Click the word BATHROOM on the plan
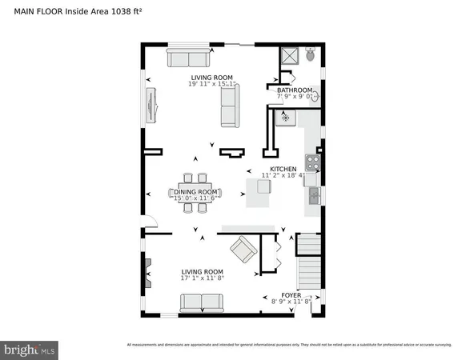coord(294,90)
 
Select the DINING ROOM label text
coord(197,192)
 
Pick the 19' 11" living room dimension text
coord(201,82)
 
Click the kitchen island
coord(258,192)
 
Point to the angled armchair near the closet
coord(243,251)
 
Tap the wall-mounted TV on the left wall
coord(150,104)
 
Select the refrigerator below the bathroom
coord(286,118)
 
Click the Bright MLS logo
coord(30,349)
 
